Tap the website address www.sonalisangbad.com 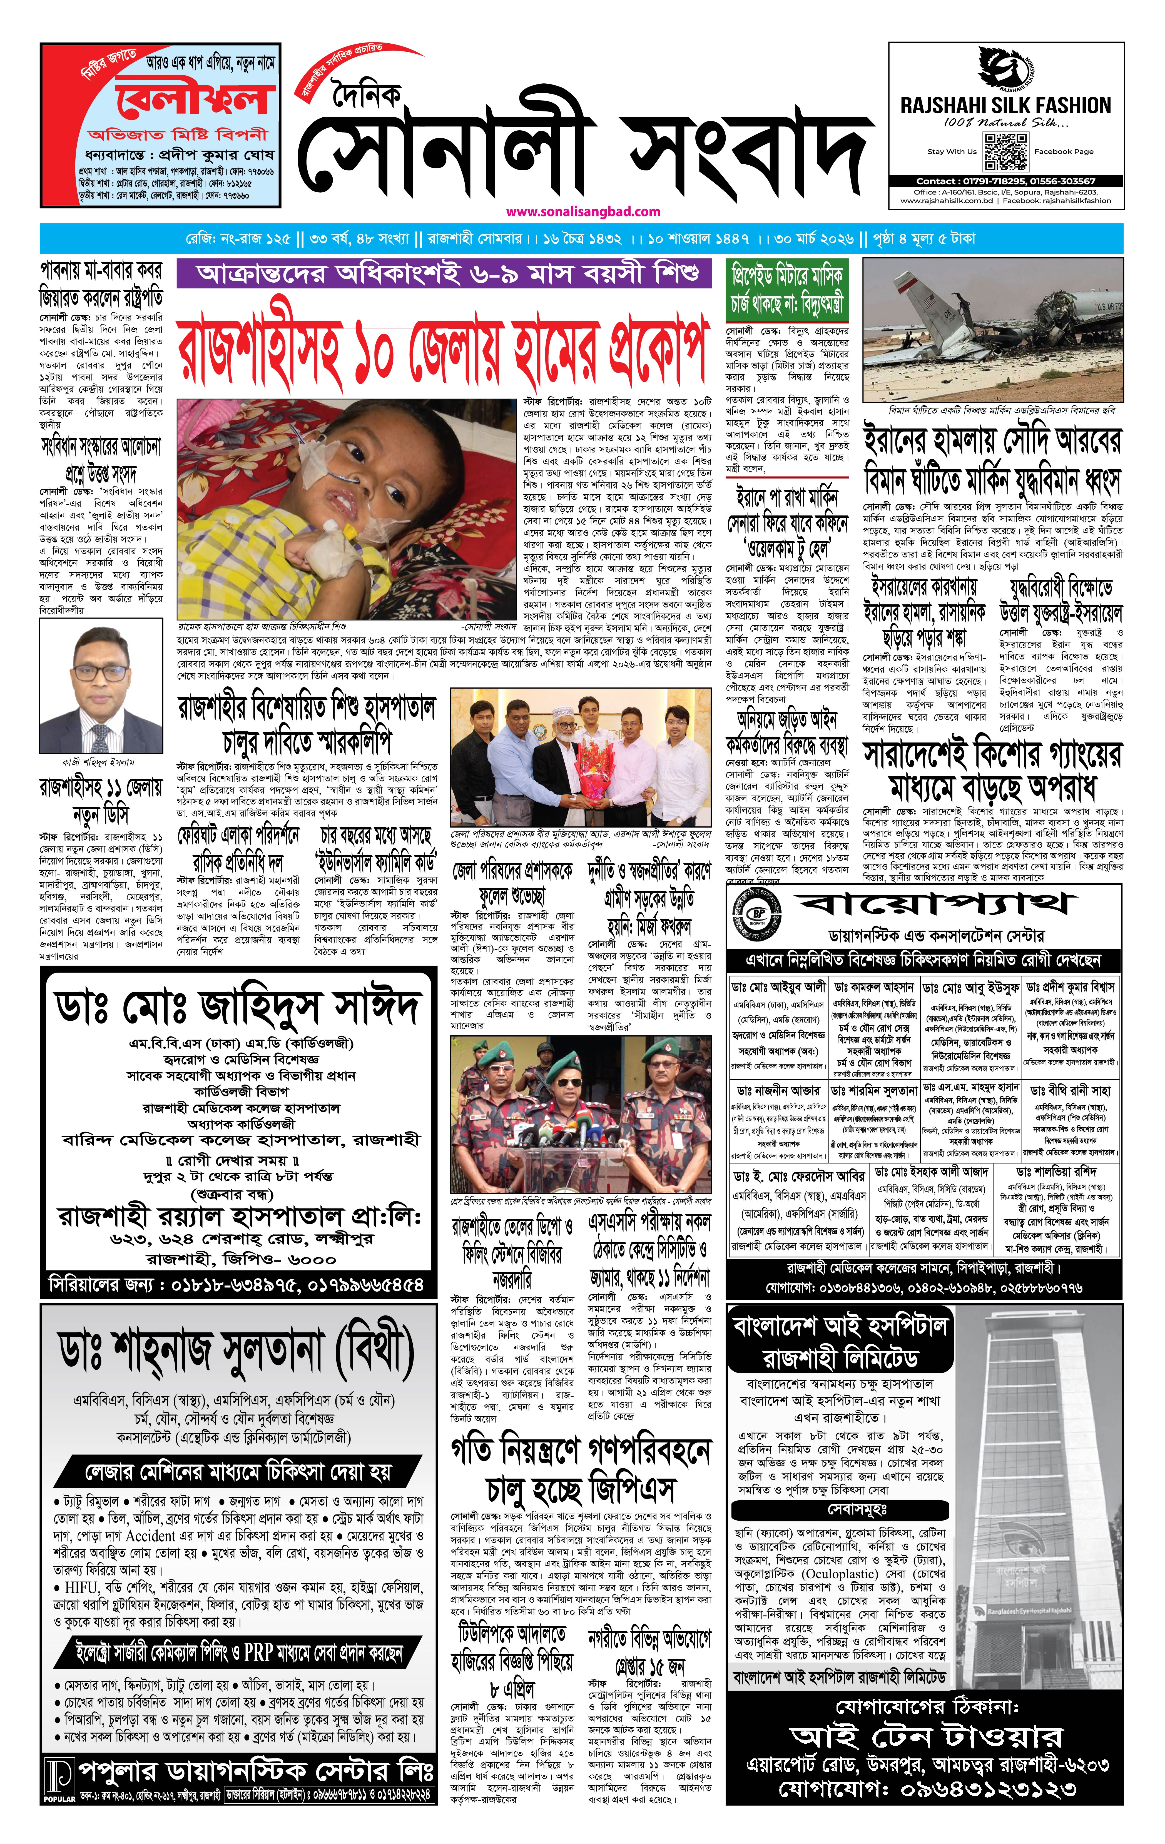pos(583,211)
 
